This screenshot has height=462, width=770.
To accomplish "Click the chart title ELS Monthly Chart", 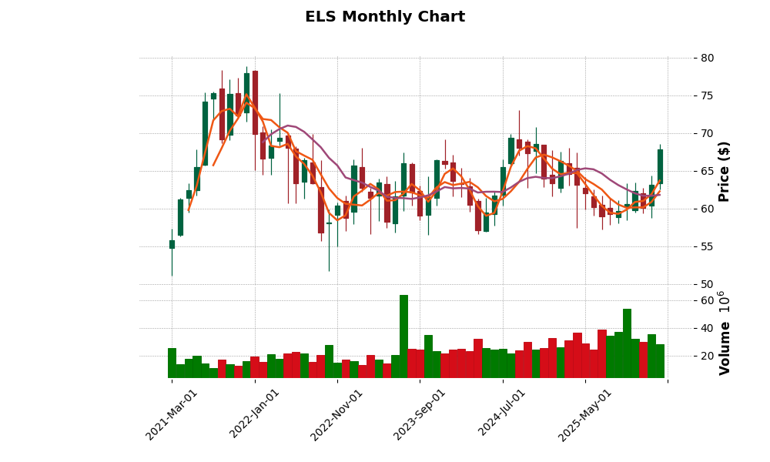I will click(x=385, y=17).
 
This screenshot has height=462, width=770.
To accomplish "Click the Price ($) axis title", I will click(x=725, y=171).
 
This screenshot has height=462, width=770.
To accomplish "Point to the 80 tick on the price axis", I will click(x=708, y=58).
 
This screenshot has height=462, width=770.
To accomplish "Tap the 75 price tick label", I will click(x=708, y=95).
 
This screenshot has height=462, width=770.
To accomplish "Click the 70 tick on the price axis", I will click(x=708, y=133).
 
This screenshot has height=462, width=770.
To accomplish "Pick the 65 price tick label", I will click(x=708, y=171).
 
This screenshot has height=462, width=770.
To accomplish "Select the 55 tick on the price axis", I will click(x=708, y=246).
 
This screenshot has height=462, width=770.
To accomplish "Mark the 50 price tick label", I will click(x=708, y=284).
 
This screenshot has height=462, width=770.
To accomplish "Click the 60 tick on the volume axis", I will click(x=708, y=300).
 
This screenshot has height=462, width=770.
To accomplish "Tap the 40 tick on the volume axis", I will click(x=708, y=328).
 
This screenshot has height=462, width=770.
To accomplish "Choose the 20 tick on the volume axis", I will click(x=708, y=356).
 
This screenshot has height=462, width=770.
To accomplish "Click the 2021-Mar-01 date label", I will click(x=172, y=414).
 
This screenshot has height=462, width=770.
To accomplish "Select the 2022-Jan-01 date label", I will click(x=256, y=414).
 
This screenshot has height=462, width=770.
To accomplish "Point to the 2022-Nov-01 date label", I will click(x=337, y=414).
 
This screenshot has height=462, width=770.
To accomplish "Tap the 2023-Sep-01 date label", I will click(x=420, y=414).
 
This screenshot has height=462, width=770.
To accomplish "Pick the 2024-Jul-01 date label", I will click(x=503, y=414).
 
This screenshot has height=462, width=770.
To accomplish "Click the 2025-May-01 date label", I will click(x=586, y=414).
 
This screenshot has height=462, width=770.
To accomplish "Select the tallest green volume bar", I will click(x=403, y=336).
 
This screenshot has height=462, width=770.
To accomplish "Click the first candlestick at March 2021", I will click(x=172, y=244).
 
